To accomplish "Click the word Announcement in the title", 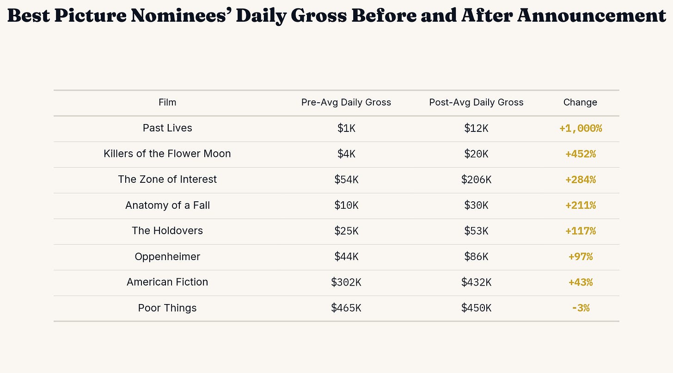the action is point(591,15).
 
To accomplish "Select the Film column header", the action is point(167,102).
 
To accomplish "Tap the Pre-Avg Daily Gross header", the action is point(346,103).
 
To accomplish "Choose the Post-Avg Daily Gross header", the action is point(476,103).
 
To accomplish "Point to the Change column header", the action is point(580,103).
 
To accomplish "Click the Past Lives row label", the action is point(167,128).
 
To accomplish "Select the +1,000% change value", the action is point(581,129).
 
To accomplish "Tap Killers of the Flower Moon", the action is point(167,154).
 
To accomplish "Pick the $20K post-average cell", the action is point(476,154).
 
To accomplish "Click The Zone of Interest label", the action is point(167,179).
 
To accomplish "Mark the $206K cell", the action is point(476,180).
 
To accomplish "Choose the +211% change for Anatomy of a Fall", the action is point(581,205).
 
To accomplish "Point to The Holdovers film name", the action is point(167,231).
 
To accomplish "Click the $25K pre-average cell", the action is point(346,231).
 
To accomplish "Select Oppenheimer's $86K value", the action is point(476,256).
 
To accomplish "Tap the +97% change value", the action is point(581,256).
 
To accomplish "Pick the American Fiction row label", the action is point(167,282).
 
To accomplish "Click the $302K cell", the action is point(346,282).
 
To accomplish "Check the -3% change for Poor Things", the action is point(581,308).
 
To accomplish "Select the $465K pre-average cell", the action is point(346,308).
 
